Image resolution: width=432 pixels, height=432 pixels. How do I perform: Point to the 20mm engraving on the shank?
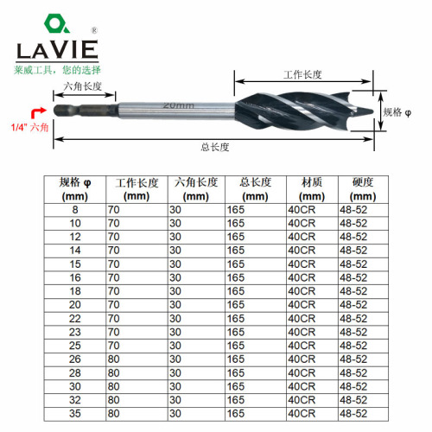(x=176, y=105)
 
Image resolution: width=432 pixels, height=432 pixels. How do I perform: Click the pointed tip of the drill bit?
(x=370, y=111)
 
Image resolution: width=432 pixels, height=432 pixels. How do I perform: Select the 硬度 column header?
(x=361, y=183)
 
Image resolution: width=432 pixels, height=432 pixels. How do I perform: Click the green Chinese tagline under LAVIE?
(x=57, y=68)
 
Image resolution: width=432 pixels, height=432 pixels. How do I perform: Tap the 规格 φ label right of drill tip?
(x=397, y=111)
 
